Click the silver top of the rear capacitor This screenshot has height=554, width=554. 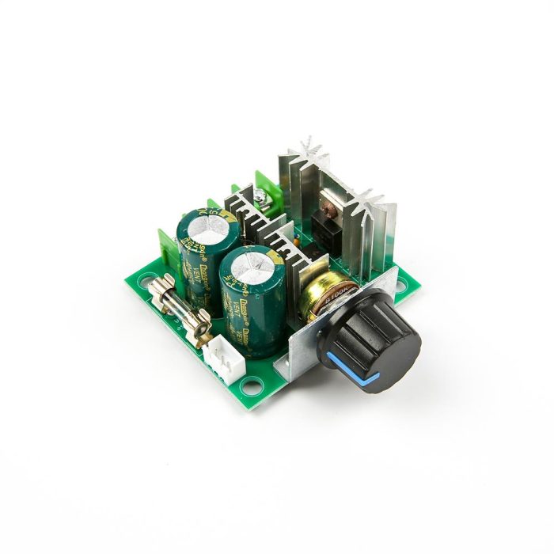point(207,226)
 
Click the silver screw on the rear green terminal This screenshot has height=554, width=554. point(261,192)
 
